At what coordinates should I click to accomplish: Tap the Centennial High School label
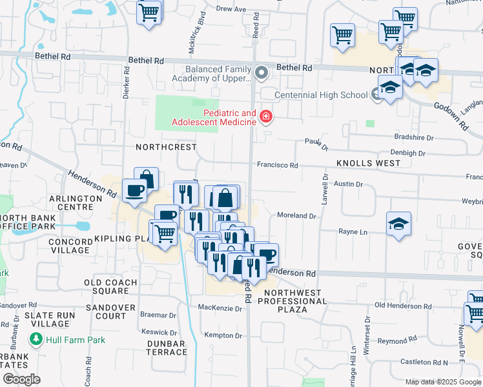click(x=321, y=95)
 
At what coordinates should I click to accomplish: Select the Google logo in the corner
click(x=22, y=379)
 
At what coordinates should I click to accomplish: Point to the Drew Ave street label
click(x=231, y=9)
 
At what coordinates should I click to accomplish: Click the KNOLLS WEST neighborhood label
click(x=368, y=163)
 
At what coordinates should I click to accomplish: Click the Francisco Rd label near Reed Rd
click(x=277, y=165)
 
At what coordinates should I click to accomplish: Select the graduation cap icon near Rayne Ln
click(x=398, y=224)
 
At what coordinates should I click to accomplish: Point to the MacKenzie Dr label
click(x=220, y=308)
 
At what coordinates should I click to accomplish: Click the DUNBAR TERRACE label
click(x=166, y=348)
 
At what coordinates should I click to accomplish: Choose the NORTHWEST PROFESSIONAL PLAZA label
click(x=293, y=301)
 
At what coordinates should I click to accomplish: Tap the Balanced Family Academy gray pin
click(x=262, y=72)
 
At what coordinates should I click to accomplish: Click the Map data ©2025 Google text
click(x=442, y=382)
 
